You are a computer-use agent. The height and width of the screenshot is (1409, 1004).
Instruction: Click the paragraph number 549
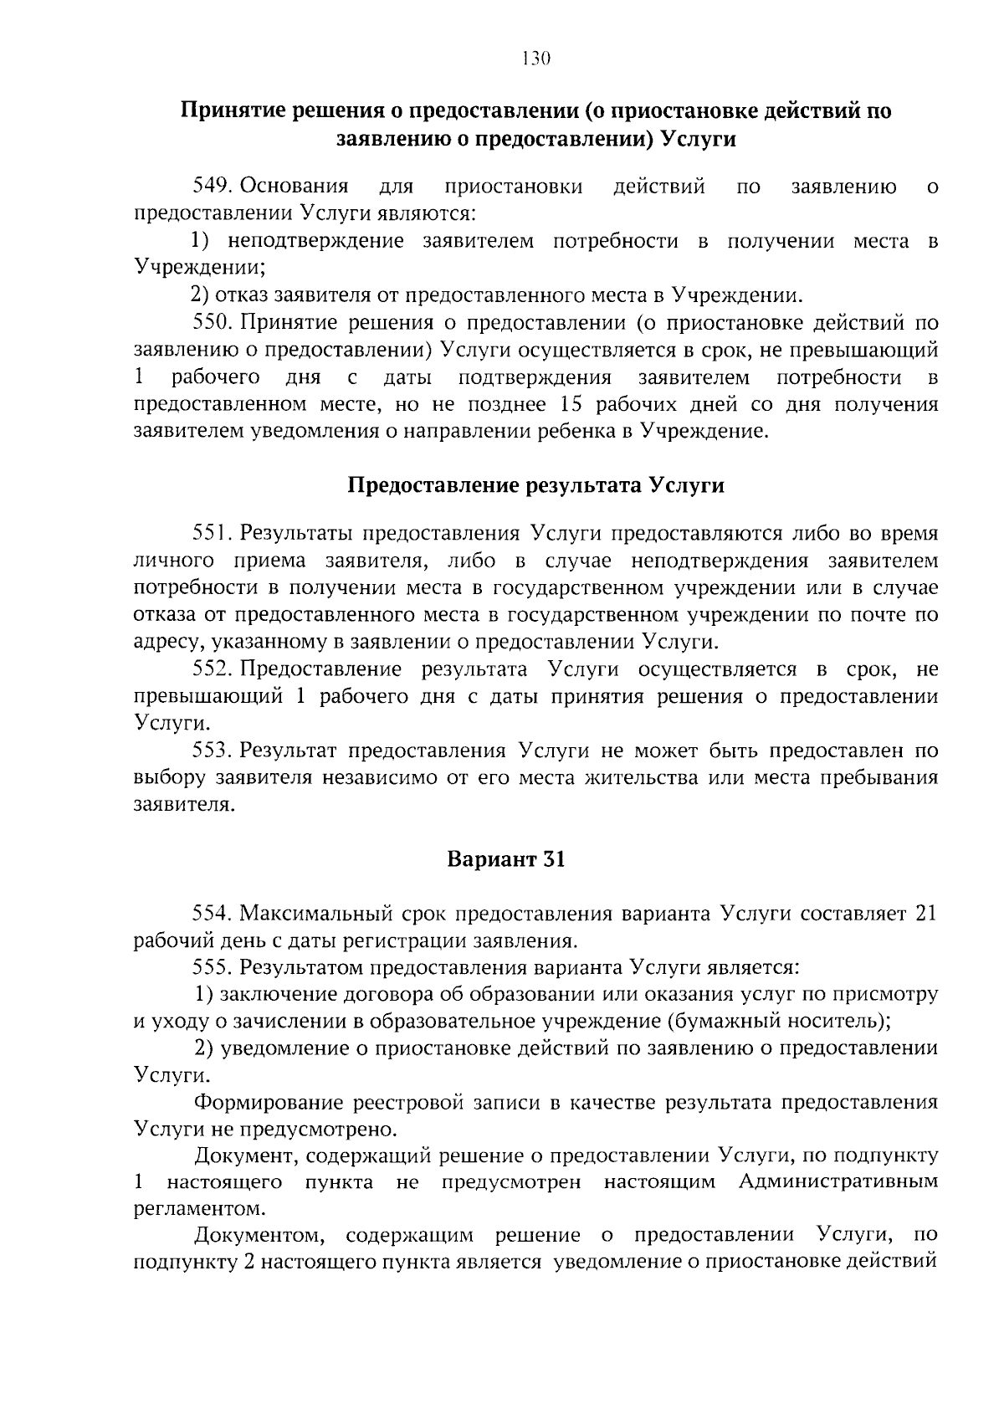pyautogui.click(x=211, y=186)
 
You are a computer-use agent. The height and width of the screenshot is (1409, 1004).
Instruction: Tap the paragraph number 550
pyautogui.click(x=211, y=322)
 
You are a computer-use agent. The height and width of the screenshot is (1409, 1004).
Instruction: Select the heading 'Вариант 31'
pyautogui.click(x=506, y=859)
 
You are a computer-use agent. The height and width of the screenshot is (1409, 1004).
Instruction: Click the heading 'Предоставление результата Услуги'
pyautogui.click(x=535, y=485)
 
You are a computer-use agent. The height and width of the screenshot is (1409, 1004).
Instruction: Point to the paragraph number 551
pyautogui.click(x=211, y=533)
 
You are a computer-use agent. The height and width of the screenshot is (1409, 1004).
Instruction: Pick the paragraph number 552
pyautogui.click(x=211, y=669)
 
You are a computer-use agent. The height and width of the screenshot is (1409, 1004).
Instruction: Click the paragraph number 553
pyautogui.click(x=211, y=750)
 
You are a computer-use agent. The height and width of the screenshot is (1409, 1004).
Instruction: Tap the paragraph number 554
pyautogui.click(x=211, y=913)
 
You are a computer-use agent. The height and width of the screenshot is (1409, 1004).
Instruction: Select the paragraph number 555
pyautogui.click(x=211, y=967)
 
